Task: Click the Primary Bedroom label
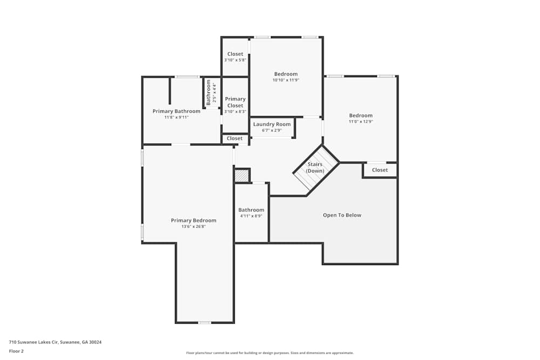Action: click(193, 220)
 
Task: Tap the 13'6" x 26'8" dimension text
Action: click(193, 227)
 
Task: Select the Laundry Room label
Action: click(272, 124)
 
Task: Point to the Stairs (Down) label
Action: click(315, 167)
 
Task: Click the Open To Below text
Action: click(342, 215)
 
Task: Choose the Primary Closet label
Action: click(235, 102)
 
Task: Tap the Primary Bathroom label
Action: click(176, 111)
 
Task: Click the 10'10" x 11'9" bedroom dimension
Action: click(286, 80)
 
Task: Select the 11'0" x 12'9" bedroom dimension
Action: click(361, 121)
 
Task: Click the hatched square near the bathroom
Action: click(241, 176)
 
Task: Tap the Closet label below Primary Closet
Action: click(234, 139)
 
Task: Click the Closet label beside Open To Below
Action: click(380, 170)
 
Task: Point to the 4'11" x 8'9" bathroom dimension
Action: click(251, 216)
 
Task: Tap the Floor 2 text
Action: click(16, 351)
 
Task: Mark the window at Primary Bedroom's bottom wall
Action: click(204, 323)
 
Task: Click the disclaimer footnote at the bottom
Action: click(270, 353)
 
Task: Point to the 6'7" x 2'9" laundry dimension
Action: click(272, 130)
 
